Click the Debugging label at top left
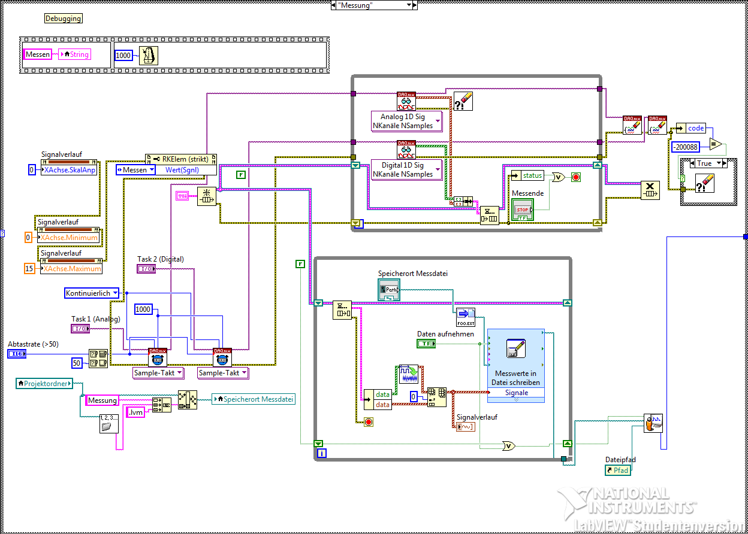click(x=64, y=19)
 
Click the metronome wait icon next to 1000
click(x=149, y=55)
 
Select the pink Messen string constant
click(x=38, y=54)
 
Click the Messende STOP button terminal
click(x=523, y=209)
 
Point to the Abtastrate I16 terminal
click(x=17, y=354)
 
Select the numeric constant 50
click(x=77, y=363)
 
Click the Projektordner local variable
click(x=44, y=383)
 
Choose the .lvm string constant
click(x=136, y=412)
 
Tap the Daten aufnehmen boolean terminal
click(x=426, y=344)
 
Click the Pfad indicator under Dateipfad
click(x=618, y=471)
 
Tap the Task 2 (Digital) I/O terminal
click(x=146, y=269)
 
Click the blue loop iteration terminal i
click(x=322, y=453)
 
